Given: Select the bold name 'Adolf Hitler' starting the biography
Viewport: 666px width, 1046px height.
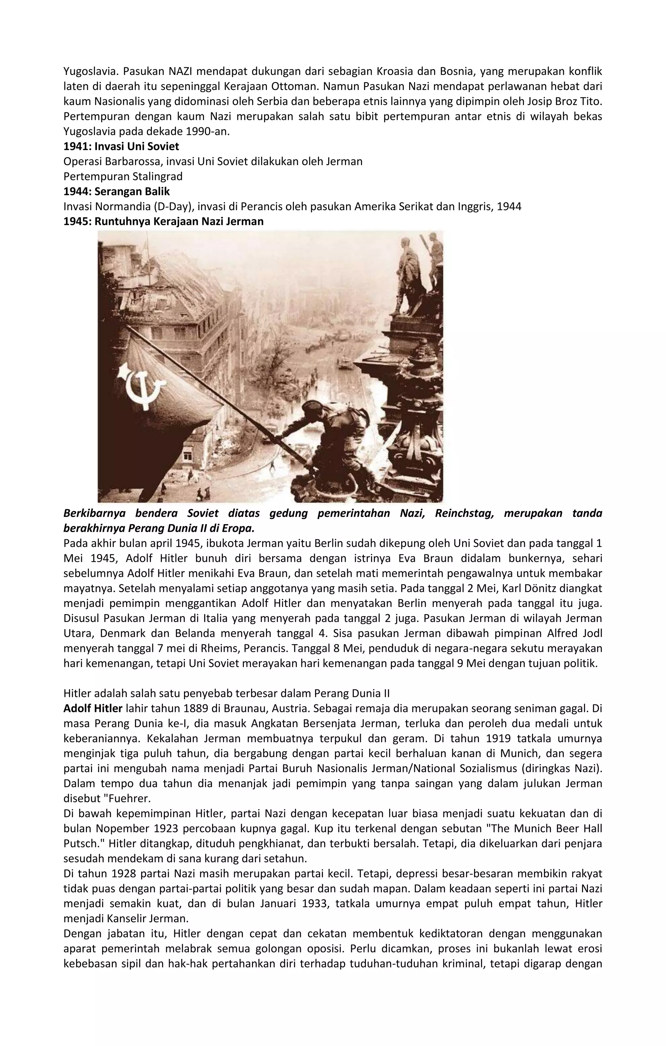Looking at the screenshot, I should tap(93, 708).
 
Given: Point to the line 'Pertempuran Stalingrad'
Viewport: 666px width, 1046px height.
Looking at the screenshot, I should tap(123, 176).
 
